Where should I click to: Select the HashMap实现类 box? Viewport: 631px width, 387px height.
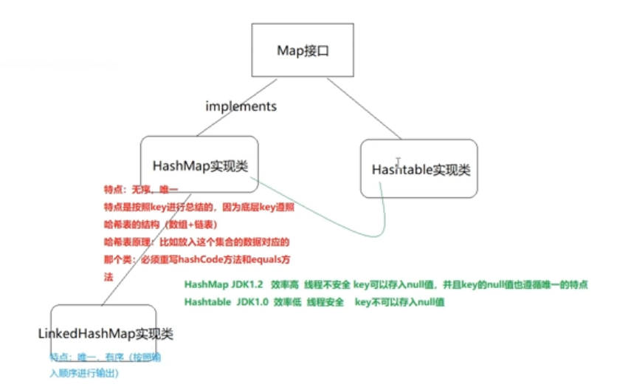click(199, 165)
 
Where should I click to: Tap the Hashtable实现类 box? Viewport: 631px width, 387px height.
click(418, 169)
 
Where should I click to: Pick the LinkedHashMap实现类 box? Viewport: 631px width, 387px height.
click(104, 334)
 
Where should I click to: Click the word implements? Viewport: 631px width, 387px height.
click(241, 106)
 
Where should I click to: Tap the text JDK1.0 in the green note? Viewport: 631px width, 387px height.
click(250, 302)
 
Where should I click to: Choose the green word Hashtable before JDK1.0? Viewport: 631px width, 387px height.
click(207, 302)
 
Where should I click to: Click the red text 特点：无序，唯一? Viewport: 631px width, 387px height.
click(138, 190)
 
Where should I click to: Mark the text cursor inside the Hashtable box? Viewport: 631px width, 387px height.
click(399, 162)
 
